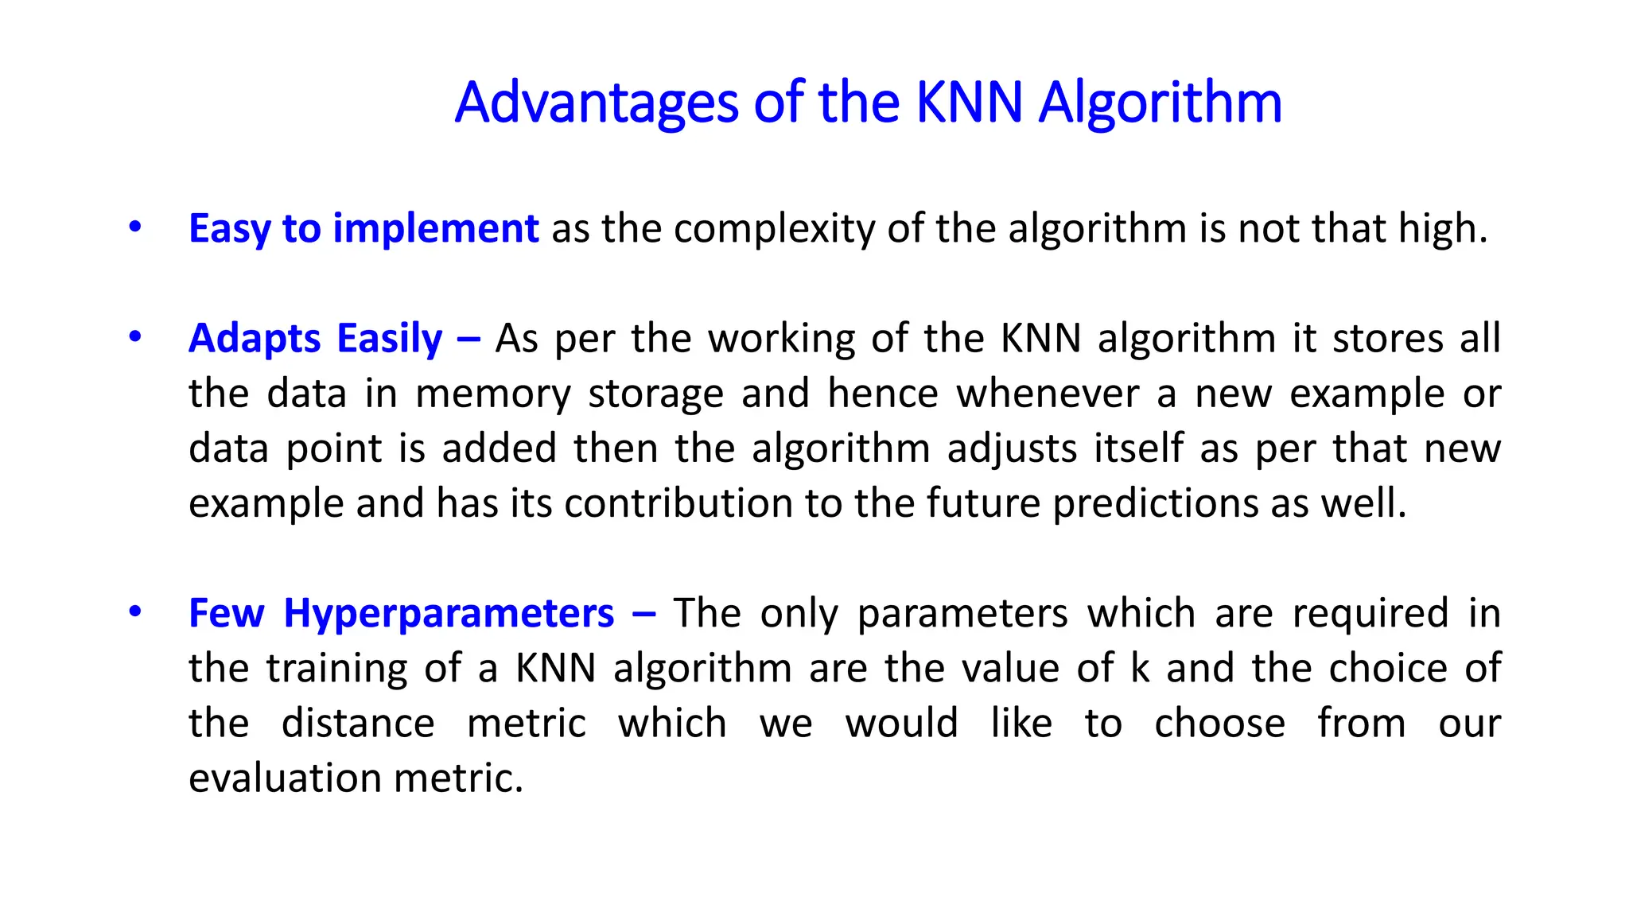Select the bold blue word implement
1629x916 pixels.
click(435, 229)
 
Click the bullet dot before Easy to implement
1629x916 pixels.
click(135, 227)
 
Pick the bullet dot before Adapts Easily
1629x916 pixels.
click(135, 337)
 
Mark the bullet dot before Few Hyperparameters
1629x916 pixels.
click(135, 611)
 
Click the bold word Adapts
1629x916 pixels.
click(254, 339)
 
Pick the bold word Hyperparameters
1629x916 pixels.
click(449, 614)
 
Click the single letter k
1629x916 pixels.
click(1140, 668)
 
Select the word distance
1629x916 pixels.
click(358, 723)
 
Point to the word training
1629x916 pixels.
click(336, 669)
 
